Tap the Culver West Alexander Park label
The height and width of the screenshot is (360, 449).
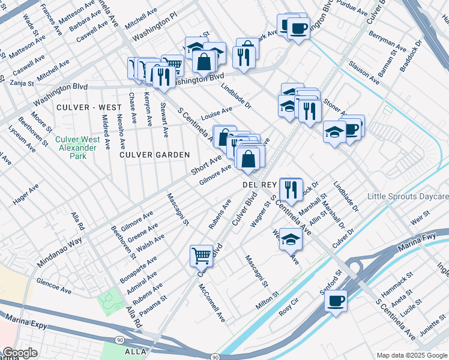[x=77, y=148]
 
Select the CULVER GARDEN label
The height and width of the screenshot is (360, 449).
[x=146, y=155]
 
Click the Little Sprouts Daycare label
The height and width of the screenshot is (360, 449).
[x=408, y=197]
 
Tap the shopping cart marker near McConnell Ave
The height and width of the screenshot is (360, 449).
[x=202, y=255]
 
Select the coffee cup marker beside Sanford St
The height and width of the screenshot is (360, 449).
[x=336, y=299]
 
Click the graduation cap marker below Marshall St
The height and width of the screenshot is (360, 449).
[x=291, y=238]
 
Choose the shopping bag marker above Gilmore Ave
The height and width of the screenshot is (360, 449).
[x=248, y=159]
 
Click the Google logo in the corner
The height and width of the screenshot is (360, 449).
[x=19, y=353]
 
